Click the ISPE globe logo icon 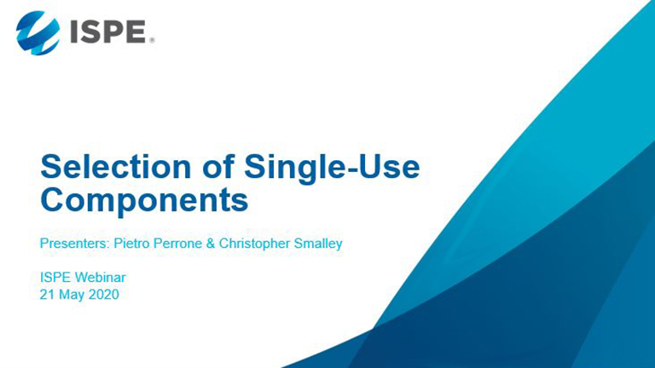click(38, 33)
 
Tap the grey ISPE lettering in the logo click(107, 32)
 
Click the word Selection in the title click(116, 167)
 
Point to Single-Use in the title click(332, 169)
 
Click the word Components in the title click(144, 201)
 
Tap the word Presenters click(74, 244)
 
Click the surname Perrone click(178, 244)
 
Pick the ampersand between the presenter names click(211, 244)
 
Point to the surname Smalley click(318, 244)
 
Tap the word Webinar click(101, 277)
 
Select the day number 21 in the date click(47, 295)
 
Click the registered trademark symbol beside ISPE click(152, 40)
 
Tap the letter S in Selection click(51, 167)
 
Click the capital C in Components click(52, 200)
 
